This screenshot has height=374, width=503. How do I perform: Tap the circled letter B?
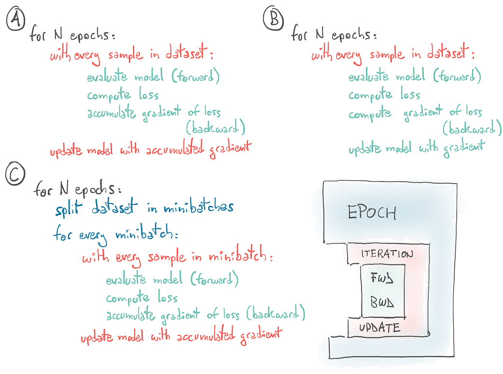(273, 19)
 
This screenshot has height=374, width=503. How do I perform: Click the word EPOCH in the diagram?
(372, 213)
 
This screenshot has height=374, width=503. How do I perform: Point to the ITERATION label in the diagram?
(387, 254)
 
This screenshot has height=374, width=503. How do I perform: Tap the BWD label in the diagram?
(382, 303)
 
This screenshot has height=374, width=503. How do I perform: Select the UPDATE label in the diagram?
(379, 328)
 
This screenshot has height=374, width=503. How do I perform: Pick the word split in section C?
(68, 209)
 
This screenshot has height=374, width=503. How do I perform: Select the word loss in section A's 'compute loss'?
(149, 95)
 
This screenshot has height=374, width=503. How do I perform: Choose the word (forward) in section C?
(214, 279)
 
